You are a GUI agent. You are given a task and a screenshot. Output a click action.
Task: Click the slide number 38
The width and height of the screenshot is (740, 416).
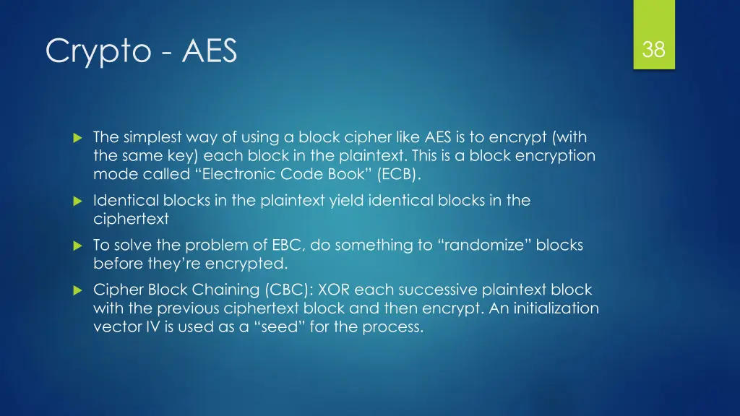pos(654,50)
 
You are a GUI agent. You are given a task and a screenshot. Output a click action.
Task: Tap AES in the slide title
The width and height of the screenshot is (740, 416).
pos(210,51)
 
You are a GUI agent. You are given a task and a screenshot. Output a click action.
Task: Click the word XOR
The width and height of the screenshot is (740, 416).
pos(337,290)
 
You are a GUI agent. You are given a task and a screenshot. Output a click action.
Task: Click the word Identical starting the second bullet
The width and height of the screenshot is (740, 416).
pos(122,200)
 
